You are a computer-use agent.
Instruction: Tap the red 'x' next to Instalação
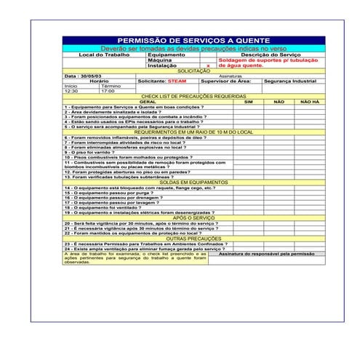(207, 65)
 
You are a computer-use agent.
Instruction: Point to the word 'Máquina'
(159, 60)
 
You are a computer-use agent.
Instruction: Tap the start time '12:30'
(71, 91)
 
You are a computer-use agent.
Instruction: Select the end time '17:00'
(108, 91)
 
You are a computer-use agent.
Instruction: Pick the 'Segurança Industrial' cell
(289, 81)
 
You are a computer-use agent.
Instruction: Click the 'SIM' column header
(248, 101)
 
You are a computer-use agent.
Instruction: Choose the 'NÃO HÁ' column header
(310, 101)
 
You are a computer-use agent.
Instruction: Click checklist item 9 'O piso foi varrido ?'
(92, 151)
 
